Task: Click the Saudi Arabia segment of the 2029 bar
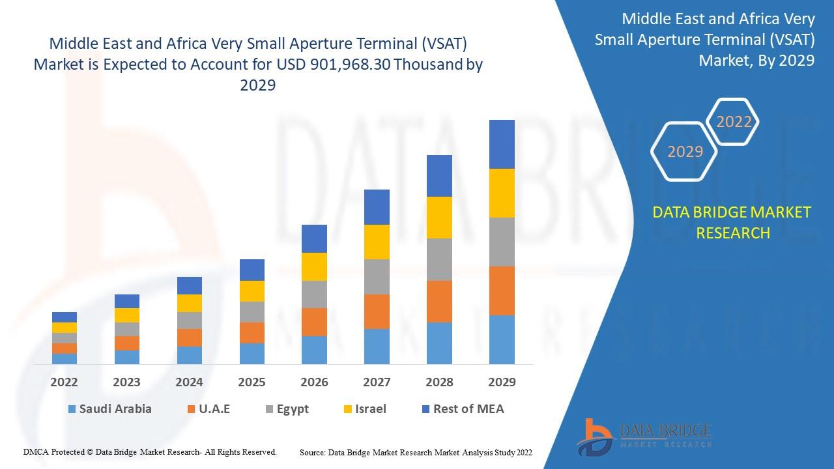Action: [502, 339]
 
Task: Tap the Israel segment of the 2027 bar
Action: [377, 242]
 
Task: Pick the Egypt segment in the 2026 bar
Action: [314, 294]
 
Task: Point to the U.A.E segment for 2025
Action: [252, 333]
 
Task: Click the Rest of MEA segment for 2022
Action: [65, 317]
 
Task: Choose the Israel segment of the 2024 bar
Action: [190, 303]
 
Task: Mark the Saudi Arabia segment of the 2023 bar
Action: [127, 357]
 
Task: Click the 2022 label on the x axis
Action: [65, 382]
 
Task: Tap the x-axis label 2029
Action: [502, 382]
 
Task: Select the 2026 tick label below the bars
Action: [314, 382]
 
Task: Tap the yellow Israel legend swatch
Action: [349, 410]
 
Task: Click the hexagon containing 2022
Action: [734, 122]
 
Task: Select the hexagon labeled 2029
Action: [685, 152]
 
